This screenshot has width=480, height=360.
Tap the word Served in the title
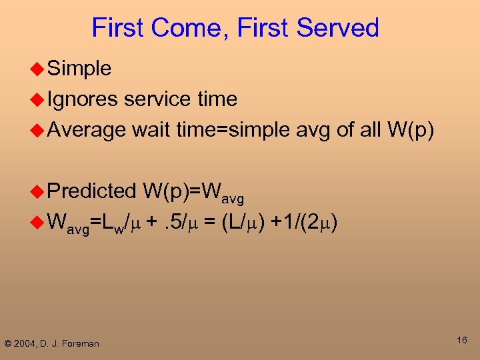tap(338, 29)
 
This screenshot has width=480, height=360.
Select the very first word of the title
tap(118, 29)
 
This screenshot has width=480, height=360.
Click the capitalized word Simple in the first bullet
tap(79, 69)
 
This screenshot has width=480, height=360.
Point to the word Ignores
tap(83, 99)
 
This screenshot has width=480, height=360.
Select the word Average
tap(87, 130)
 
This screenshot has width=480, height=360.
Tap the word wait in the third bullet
tap(151, 130)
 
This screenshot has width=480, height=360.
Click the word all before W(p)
tap(368, 130)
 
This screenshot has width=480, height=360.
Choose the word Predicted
tap(91, 191)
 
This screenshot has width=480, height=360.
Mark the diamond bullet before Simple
tap(38, 69)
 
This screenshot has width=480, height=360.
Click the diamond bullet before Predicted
tap(38, 191)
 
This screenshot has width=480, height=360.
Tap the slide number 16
tap(461, 341)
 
